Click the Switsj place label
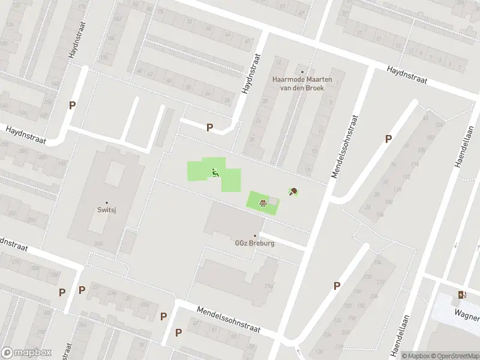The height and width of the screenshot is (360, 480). pos(107,211)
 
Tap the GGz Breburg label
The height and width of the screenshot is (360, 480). pos(254,244)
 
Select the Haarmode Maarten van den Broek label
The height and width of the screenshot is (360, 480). pos(302,82)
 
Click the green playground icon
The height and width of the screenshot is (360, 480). pos(215,173)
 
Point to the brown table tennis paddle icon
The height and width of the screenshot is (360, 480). pos(293,192)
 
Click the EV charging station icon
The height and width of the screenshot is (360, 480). pos(461,295)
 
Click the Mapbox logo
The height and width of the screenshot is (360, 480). pos(26,353)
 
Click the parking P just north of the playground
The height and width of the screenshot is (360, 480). pos(209,127)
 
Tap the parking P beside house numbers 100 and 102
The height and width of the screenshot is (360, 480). pos(388,139)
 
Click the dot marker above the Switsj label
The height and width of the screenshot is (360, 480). pos(107,203)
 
